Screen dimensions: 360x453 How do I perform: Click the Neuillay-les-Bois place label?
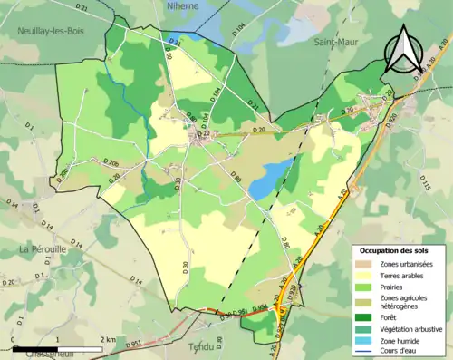50,30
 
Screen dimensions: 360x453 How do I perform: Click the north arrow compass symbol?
405,53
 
